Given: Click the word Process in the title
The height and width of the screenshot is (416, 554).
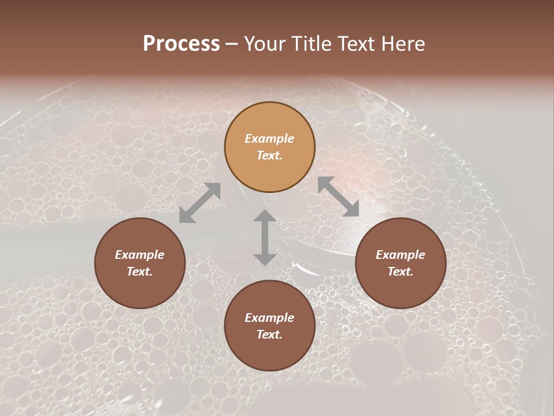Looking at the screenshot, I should [181, 44].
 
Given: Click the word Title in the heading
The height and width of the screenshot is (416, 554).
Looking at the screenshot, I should [313, 44].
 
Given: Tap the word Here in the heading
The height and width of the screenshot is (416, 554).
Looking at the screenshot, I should [403, 44].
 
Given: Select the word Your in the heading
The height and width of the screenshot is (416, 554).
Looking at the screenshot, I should [266, 44].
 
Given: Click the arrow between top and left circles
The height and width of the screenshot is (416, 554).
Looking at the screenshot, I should [200, 203].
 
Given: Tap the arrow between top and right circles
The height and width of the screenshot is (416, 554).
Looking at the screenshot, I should [339, 196].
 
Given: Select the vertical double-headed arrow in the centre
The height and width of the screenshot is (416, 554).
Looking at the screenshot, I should [265, 237].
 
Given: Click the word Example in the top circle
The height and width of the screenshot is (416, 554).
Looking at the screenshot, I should [269, 139].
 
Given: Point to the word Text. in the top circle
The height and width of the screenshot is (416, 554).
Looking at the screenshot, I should [269, 155].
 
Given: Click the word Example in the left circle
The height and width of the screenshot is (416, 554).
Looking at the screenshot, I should [140, 255].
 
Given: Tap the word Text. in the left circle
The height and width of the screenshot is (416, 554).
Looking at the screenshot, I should [140, 272].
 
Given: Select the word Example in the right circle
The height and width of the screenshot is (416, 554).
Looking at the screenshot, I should [400, 255].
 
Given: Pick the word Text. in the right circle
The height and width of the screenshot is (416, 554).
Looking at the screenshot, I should [400, 272].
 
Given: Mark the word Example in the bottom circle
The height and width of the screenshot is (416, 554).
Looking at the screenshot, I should [269, 318].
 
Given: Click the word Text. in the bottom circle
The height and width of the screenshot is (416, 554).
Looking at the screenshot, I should [269, 335].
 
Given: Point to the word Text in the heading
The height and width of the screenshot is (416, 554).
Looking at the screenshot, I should [358, 44].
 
